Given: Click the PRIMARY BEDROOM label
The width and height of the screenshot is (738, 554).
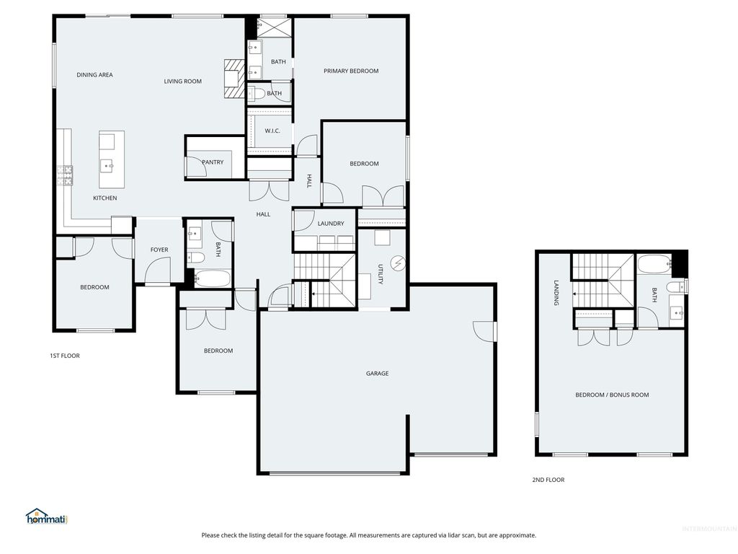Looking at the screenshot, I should point(351,71).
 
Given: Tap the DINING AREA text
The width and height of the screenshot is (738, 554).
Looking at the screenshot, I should point(94,75).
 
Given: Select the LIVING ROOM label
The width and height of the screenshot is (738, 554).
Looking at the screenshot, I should point(182,82).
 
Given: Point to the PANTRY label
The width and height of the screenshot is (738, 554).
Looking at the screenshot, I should point(213,162).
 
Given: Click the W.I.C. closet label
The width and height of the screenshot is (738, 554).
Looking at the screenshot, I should point(272,131).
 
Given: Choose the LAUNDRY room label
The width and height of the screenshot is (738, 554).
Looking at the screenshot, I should point(331,224).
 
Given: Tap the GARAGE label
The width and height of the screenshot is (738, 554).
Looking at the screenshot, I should point(377,374).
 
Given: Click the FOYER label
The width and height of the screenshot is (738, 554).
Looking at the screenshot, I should point(159,250).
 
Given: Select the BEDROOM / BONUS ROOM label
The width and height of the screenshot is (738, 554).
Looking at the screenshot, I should point(612,395).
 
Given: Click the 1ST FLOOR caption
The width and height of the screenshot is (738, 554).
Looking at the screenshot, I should point(64,356).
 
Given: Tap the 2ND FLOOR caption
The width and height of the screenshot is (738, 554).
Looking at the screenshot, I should point(549,480).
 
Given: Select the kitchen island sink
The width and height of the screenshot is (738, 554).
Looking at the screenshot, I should point(110,166).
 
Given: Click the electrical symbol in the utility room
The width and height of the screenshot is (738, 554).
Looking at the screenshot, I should point(396,261).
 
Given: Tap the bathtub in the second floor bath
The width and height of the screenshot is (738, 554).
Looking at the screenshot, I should point(653,265).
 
